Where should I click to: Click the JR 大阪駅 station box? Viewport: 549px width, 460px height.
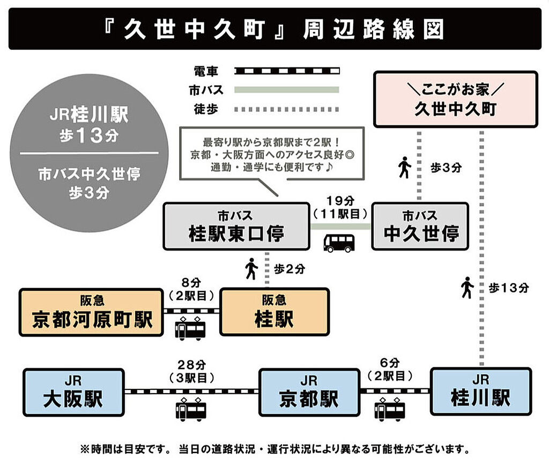(x=73, y=391)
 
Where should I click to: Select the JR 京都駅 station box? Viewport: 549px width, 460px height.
(x=309, y=392)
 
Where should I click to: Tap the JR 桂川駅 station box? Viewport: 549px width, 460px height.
(x=481, y=391)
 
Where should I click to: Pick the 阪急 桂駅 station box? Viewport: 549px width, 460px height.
(x=274, y=312)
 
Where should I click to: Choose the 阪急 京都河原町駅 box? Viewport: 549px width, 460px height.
(x=91, y=312)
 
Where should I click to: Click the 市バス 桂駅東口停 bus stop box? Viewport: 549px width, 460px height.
(x=236, y=226)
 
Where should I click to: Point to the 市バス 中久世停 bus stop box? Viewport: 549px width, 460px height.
(x=420, y=226)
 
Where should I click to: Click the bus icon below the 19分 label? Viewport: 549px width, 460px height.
(x=339, y=243)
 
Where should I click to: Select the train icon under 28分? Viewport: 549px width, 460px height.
(x=190, y=410)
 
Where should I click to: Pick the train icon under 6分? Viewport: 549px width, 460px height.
(x=390, y=410)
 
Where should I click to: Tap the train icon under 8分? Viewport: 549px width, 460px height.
(x=190, y=328)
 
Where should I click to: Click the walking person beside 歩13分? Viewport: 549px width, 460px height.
(x=467, y=288)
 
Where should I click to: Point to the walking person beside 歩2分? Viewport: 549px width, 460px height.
(x=251, y=269)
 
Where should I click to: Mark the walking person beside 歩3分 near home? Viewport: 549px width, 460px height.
(x=404, y=168)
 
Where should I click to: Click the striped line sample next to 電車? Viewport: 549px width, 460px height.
(x=287, y=70)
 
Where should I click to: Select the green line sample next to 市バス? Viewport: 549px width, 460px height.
(x=287, y=89)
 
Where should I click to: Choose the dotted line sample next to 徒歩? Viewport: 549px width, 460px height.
(x=287, y=109)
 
